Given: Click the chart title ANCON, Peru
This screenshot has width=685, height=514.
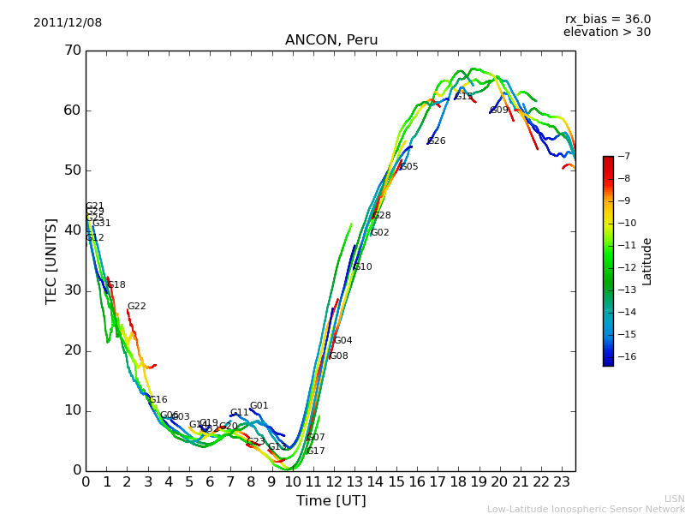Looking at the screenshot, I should click(x=331, y=40).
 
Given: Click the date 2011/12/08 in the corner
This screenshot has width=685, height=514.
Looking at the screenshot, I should click(x=68, y=23).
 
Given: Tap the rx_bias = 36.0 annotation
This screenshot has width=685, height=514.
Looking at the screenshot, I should click(x=607, y=20).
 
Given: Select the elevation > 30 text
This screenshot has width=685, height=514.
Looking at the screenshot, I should click(x=607, y=33).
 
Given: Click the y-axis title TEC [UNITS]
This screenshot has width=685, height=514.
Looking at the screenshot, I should click(x=51, y=260).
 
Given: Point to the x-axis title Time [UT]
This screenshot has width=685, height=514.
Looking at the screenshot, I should click(x=331, y=501).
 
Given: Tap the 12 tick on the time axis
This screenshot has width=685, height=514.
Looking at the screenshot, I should click(x=334, y=481).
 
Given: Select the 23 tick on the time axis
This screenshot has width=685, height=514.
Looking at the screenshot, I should click(x=562, y=481).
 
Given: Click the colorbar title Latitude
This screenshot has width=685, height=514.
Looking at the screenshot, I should click(x=647, y=260).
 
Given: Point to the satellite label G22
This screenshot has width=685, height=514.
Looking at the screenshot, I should click(x=137, y=307).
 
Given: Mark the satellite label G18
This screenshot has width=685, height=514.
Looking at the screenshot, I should click(x=116, y=285).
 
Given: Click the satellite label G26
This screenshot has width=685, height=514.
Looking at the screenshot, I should click(x=437, y=141).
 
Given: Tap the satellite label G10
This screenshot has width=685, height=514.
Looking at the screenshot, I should click(x=363, y=267).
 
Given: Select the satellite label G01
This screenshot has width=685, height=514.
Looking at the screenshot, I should click(x=259, y=406).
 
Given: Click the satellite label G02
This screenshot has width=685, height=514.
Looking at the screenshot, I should click(x=380, y=233).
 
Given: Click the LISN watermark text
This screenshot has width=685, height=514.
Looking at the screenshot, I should click(x=675, y=499).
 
